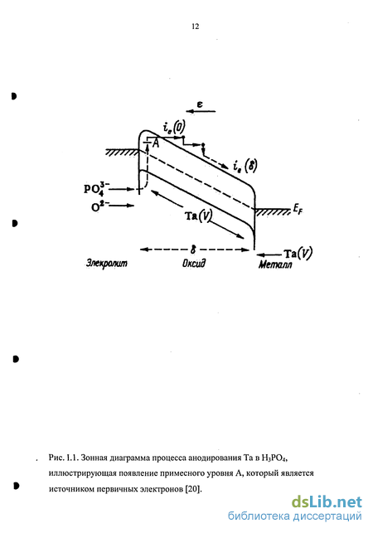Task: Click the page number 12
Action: (195, 27)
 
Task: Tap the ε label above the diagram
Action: (200, 104)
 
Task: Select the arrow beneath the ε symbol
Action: (201, 111)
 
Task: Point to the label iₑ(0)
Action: (174, 128)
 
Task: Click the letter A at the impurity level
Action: (156, 143)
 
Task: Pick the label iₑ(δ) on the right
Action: (245, 167)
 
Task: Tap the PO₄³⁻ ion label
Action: (96, 188)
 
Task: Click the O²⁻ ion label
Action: (99, 206)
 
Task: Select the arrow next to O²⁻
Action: (121, 206)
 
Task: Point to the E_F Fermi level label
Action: (298, 211)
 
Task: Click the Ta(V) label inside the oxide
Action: (198, 216)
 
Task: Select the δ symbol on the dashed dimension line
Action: (193, 250)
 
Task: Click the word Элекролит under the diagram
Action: (107, 263)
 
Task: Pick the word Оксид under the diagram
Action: (194, 264)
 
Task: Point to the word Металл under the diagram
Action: (275, 264)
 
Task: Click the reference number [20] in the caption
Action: (193, 489)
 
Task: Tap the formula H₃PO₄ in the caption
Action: (274, 458)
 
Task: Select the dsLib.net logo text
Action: (327, 502)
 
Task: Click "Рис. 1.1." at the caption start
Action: (64, 458)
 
